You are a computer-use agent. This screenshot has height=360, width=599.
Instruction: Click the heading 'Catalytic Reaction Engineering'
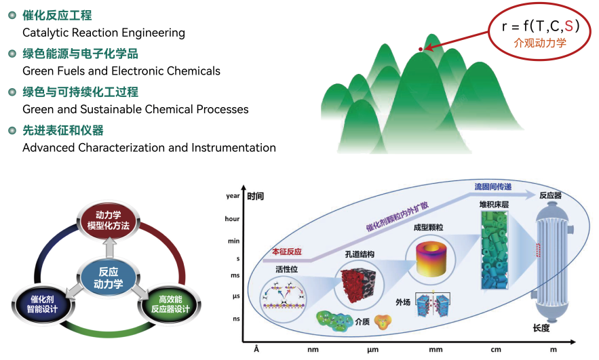pyautogui.click(x=104, y=33)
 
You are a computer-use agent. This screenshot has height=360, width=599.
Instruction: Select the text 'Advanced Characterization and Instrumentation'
pyautogui.click(x=149, y=147)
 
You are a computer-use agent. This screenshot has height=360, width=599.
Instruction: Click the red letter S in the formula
pyautogui.click(x=568, y=26)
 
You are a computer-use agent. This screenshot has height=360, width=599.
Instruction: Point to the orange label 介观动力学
pyautogui.click(x=539, y=43)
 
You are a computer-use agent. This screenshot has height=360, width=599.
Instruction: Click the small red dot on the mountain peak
pyautogui.click(x=421, y=49)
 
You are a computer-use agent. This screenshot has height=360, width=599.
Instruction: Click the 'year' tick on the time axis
pyautogui.click(x=233, y=196)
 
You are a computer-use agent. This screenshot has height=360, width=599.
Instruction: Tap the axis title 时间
pyautogui.click(x=256, y=197)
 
